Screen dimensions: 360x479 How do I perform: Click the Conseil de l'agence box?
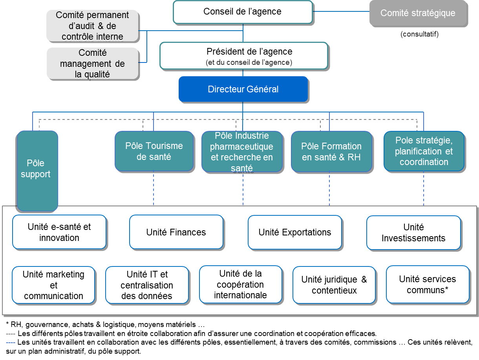[243, 12]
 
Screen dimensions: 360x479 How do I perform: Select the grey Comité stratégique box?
[418, 13]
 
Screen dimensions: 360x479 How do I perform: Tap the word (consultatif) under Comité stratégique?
[419, 35]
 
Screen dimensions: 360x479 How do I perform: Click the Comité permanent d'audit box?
[92, 26]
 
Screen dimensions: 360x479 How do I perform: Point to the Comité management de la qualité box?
[92, 63]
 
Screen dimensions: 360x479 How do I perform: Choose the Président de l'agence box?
[243, 56]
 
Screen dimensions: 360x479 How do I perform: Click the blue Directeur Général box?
[243, 89]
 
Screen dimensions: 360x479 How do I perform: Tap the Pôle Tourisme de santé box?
[154, 151]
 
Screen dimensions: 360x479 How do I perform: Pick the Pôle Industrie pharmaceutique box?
[242, 152]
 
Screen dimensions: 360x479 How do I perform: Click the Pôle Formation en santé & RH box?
[331, 151]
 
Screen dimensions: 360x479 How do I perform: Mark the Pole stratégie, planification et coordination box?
[424, 151]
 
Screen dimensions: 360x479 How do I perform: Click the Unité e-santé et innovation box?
[59, 232]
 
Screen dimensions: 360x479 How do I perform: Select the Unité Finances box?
[176, 232]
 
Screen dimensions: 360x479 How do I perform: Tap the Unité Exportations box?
[294, 232]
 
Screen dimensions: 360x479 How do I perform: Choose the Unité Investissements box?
[413, 232]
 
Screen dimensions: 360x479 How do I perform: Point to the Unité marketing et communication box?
[53, 285]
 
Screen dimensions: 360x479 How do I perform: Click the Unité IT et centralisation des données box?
[147, 285]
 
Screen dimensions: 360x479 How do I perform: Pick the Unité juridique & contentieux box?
[334, 285]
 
